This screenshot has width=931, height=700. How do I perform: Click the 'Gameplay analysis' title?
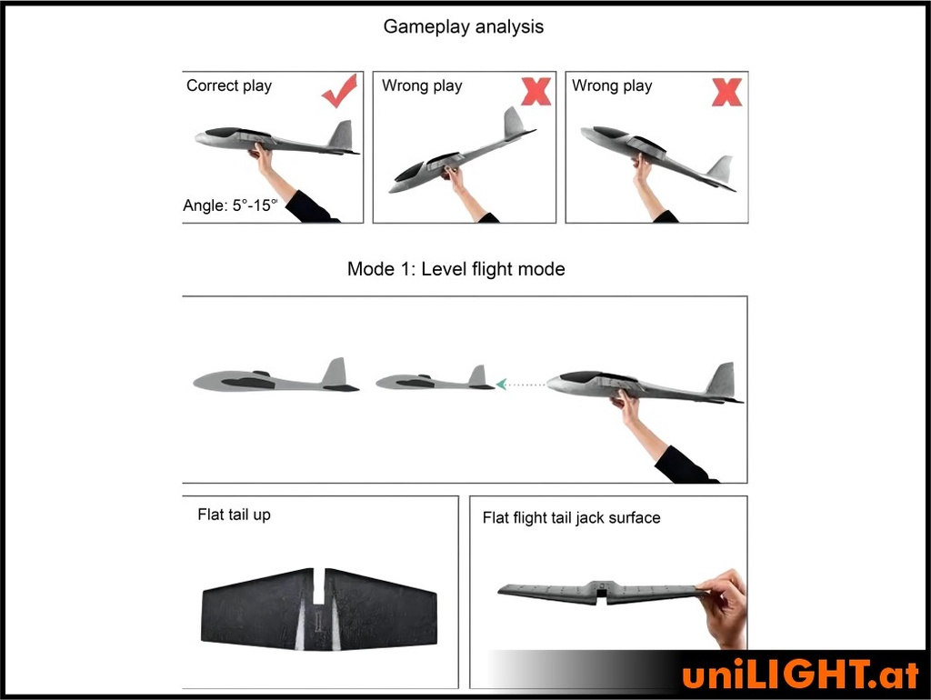[463, 26]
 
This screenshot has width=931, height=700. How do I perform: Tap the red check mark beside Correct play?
[340, 91]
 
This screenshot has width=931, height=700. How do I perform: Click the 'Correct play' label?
[229, 85]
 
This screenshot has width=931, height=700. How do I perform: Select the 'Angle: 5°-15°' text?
[230, 205]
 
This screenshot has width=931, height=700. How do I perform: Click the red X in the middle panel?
[536, 92]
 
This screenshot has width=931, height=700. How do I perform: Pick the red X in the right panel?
[726, 92]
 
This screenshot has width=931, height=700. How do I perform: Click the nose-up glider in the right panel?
[658, 156]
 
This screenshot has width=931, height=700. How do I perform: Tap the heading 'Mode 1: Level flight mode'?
[456, 269]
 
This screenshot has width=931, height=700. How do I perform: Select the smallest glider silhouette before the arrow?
[435, 378]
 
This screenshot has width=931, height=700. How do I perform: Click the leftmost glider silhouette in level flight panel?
[276, 375]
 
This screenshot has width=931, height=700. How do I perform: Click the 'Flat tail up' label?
[234, 515]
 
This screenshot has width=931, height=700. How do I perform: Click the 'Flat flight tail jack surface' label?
[571, 517]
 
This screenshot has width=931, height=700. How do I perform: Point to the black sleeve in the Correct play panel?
[310, 208]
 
